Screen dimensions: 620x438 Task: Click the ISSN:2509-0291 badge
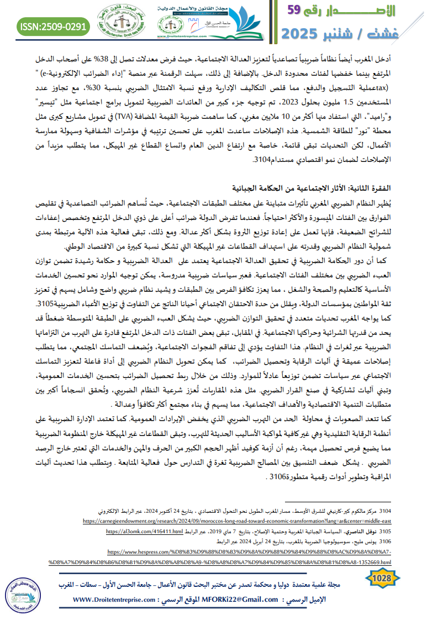click(x=54, y=26)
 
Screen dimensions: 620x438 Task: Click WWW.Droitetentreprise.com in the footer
click(x=117, y=600)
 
